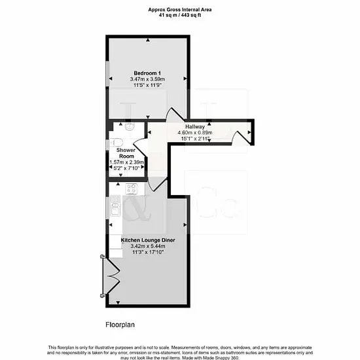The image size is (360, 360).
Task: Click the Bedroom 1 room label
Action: [x=147, y=73]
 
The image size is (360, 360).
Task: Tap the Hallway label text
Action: [x=194, y=127]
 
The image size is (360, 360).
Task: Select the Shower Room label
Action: [x=126, y=153]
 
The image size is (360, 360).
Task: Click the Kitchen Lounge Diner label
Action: [x=148, y=240]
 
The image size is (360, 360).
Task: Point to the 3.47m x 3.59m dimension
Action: [x=147, y=79]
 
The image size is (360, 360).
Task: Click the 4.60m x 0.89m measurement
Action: [x=194, y=133]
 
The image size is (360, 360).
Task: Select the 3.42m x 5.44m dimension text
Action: [x=148, y=246]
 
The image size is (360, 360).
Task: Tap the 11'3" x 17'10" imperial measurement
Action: [x=148, y=252]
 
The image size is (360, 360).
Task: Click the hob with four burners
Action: [x=132, y=189]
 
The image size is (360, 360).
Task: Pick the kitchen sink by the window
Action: [x=115, y=206]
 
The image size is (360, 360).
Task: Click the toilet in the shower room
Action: [x=117, y=143]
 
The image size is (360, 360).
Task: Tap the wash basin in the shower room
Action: [x=130, y=126]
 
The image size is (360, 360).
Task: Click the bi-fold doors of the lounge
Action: [x=111, y=276]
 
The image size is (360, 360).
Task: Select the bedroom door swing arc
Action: [x=175, y=113]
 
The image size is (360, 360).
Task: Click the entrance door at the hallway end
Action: [x=242, y=137]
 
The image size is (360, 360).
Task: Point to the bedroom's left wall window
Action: [x=107, y=73]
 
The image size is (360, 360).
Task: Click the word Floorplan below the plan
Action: [x=120, y=325]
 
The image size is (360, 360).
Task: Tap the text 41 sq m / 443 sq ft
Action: [x=180, y=15]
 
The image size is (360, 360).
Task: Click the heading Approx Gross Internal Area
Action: [x=180, y=10]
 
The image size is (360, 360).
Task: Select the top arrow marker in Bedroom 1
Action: [x=148, y=40]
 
